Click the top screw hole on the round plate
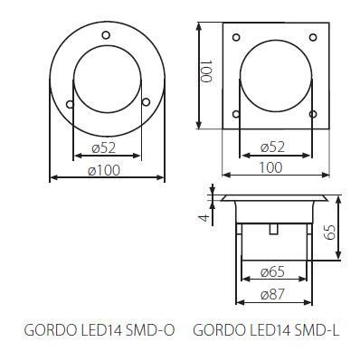pos(106,35)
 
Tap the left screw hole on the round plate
pos(70,104)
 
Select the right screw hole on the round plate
pos(146,102)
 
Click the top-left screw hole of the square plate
pos(236,37)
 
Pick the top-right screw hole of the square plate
pos(313,37)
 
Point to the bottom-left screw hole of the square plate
pos(236,114)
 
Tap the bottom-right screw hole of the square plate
pos(313,114)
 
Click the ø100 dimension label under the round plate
pos(104,171)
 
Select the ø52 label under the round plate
pos(104,148)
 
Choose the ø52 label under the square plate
pos(272,147)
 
